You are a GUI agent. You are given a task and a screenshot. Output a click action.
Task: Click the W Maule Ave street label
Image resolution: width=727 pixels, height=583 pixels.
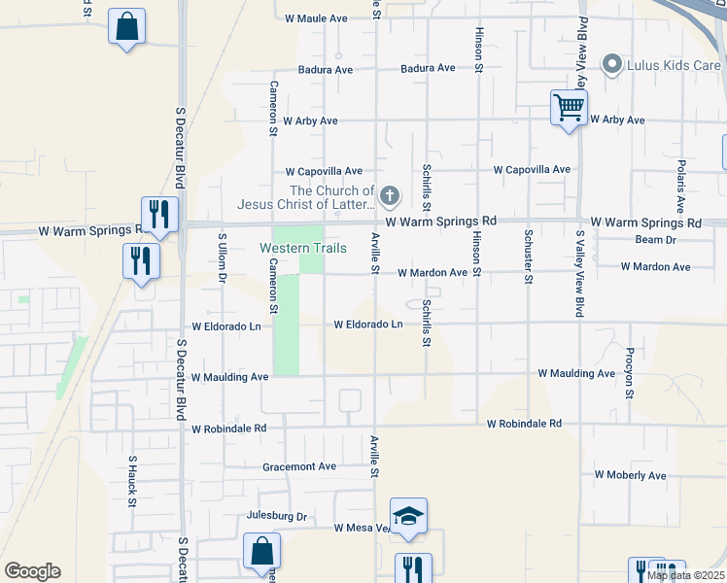click(x=316, y=18)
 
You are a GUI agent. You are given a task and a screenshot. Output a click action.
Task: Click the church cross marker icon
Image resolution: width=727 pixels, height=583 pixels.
click(x=389, y=197)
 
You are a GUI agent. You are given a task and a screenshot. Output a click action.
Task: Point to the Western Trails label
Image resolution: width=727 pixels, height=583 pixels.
click(x=303, y=249)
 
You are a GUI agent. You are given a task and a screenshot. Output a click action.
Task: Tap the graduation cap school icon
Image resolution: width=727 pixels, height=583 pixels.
click(x=408, y=516)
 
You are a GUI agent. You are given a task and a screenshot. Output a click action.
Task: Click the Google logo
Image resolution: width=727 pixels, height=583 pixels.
click(x=32, y=571)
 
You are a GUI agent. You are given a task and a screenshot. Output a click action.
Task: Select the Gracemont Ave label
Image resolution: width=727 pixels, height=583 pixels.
click(x=299, y=466)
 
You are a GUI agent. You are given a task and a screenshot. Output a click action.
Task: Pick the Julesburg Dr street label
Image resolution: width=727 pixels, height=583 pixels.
click(x=277, y=516)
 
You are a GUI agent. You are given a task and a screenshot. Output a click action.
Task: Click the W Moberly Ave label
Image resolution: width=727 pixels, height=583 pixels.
click(x=630, y=475)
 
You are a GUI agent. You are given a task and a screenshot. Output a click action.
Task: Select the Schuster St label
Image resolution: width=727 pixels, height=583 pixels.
click(x=528, y=257)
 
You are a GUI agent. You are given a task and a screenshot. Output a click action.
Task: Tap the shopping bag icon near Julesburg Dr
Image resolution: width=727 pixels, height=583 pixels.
click(x=262, y=552)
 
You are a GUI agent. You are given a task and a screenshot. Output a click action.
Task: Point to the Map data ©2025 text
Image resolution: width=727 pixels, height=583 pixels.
click(x=685, y=575)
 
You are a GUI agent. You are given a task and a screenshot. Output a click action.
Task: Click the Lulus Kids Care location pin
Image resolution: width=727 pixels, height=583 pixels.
click(x=611, y=65)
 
